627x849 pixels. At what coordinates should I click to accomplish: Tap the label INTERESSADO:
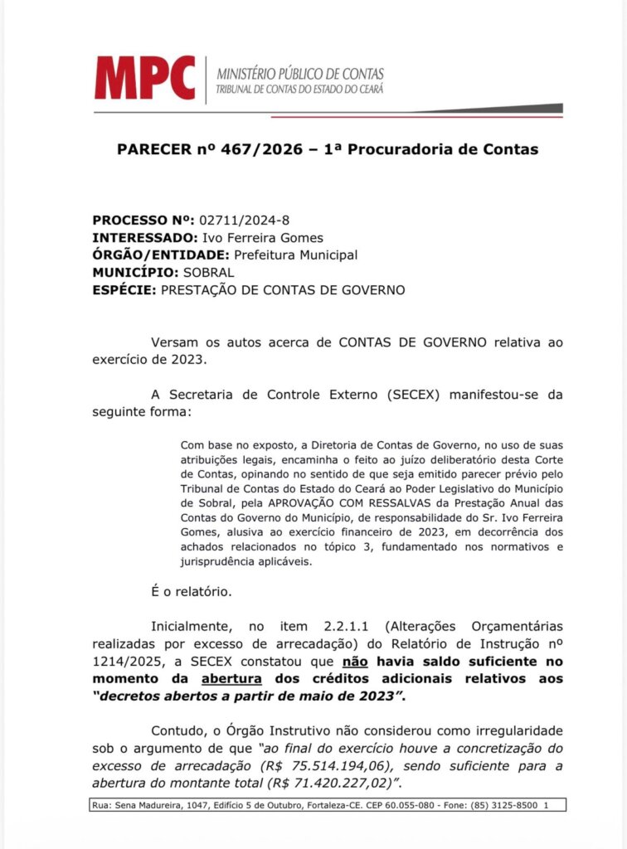point(141,238)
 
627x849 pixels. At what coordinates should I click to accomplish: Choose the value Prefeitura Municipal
point(296,255)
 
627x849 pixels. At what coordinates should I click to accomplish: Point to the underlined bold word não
point(354,661)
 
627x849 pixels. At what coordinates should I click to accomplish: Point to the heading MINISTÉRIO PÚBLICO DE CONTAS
point(300,74)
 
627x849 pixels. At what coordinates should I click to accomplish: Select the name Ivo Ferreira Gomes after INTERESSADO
point(270,238)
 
